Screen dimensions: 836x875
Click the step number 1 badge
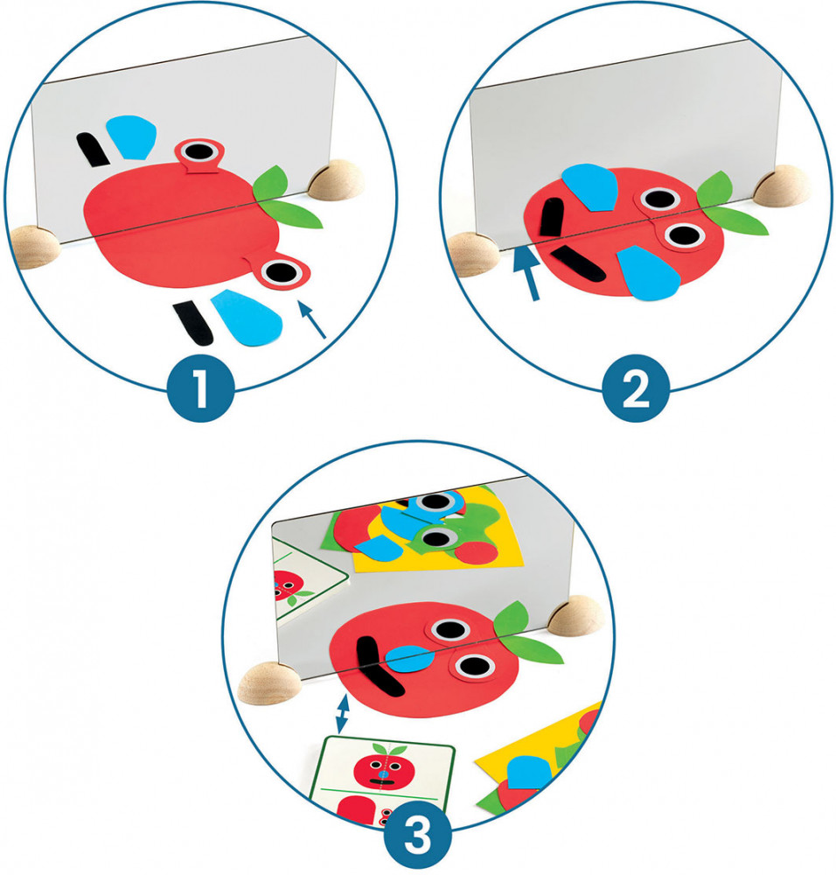tap(201, 388)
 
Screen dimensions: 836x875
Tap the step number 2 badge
tap(636, 388)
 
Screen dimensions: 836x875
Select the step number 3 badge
tap(418, 836)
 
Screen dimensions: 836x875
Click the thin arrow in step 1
tap(312, 319)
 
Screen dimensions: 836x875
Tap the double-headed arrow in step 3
tap(343, 714)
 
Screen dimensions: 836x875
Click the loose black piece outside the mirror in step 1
tap(193, 323)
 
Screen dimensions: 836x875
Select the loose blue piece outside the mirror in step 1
tap(247, 317)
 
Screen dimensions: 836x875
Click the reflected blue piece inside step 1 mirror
tap(131, 136)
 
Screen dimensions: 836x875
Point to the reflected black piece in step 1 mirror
tap(94, 150)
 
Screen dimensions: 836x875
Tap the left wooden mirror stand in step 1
tap(33, 247)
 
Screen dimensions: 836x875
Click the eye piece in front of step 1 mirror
tap(283, 272)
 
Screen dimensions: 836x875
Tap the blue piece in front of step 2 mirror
tap(648, 273)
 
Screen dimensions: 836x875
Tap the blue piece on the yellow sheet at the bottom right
tap(529, 772)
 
